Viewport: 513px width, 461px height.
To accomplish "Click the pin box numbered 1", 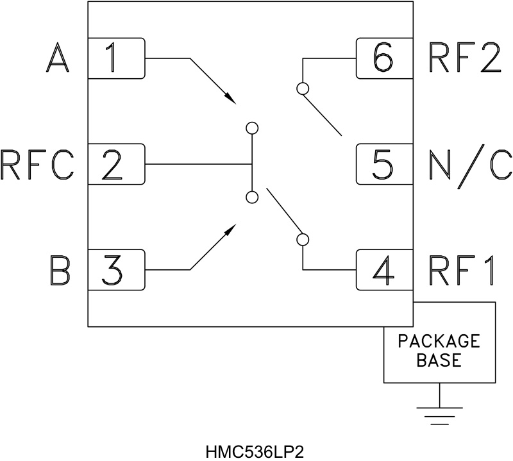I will tap(116, 58).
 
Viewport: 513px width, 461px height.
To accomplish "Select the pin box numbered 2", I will tap(116, 164).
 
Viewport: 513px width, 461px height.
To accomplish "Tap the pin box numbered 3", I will tap(116, 269).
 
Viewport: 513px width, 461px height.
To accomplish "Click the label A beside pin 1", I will tap(58, 59).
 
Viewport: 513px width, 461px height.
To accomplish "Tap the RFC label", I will tap(38, 165).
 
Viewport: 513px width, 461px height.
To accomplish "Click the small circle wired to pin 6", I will tap(302, 87).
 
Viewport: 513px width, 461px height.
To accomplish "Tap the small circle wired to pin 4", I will tap(302, 240).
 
